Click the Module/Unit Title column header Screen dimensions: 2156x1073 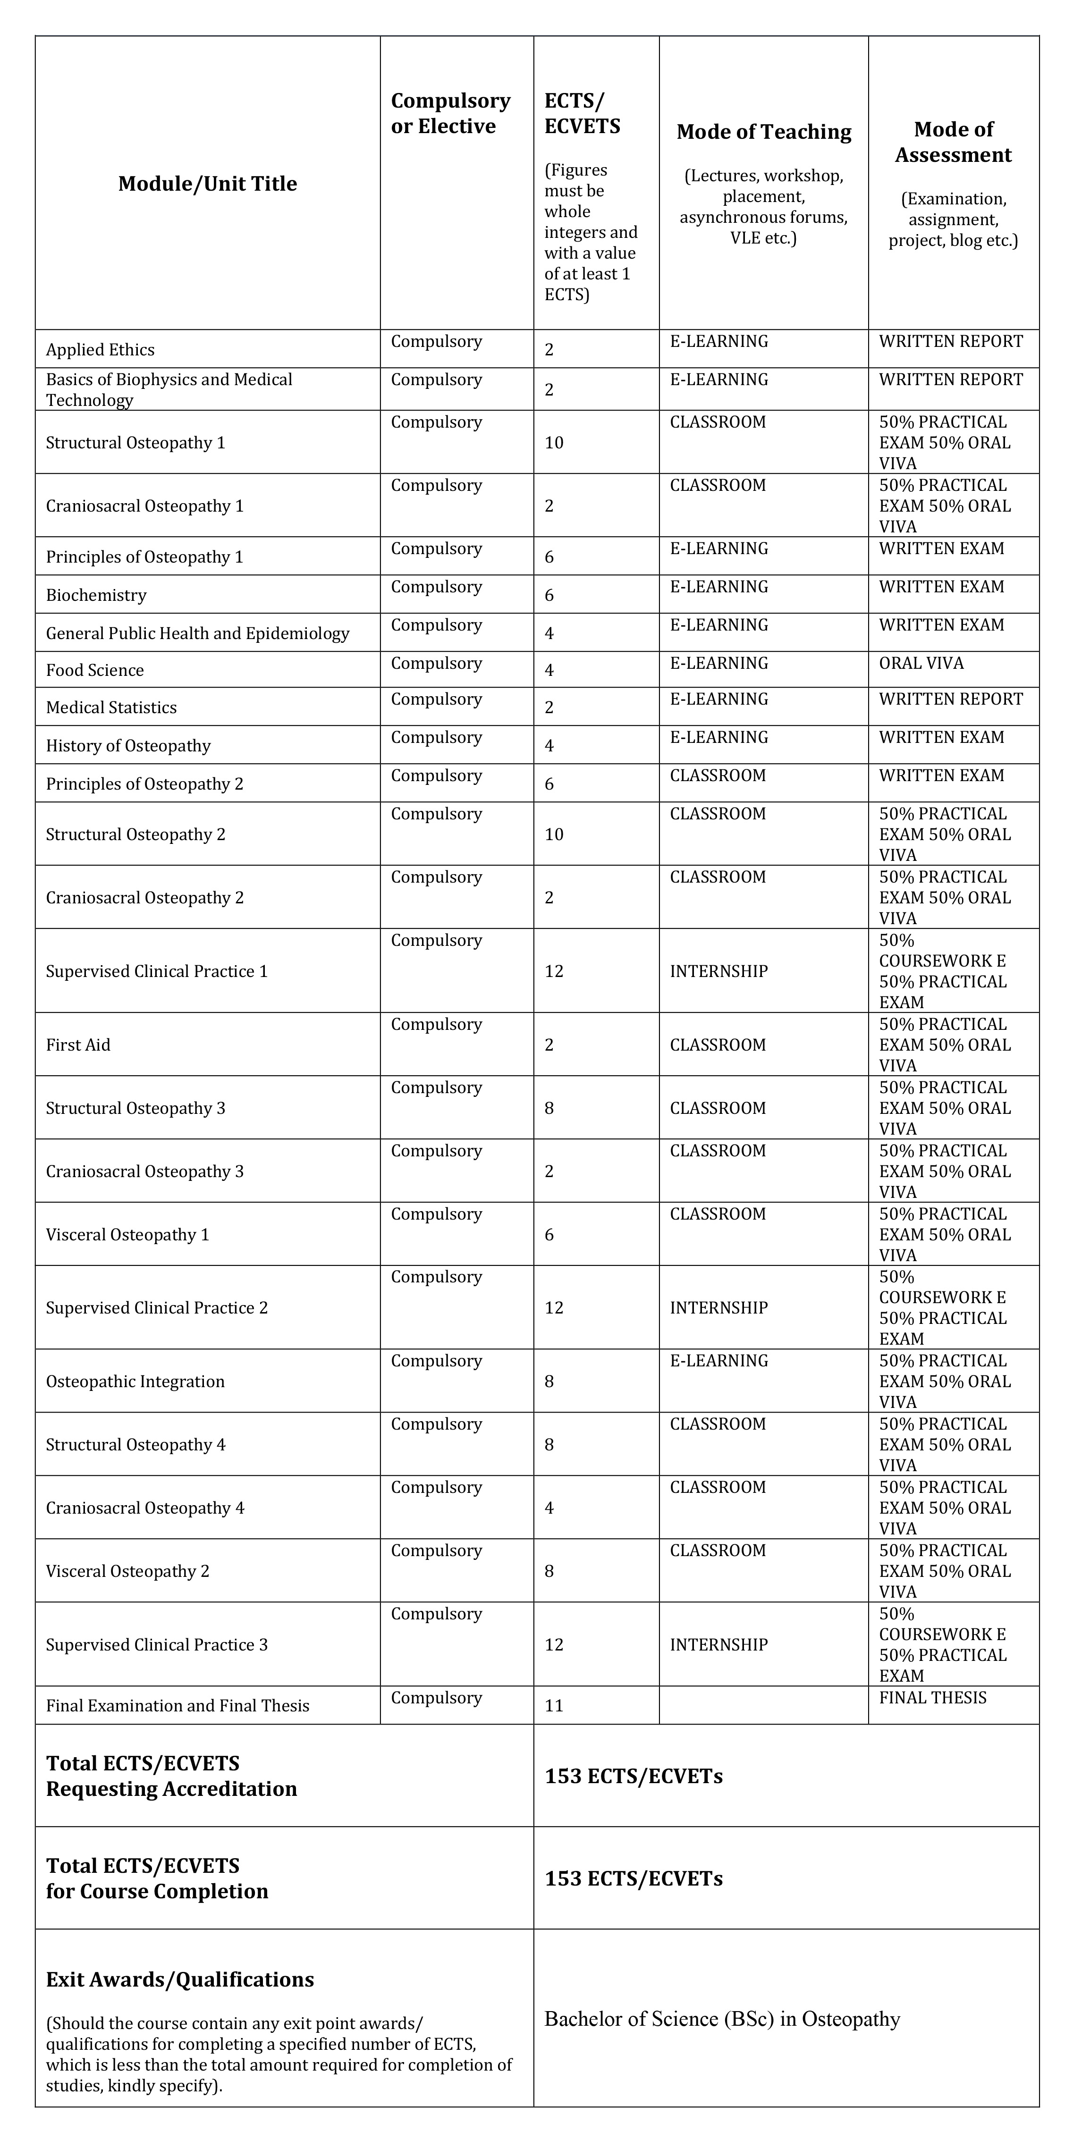208,183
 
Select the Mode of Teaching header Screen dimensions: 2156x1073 763,132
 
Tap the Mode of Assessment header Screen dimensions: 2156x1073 953,142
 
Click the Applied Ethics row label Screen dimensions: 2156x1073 101,350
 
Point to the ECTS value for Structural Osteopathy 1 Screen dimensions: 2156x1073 554,443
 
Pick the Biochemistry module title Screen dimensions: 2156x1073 96,595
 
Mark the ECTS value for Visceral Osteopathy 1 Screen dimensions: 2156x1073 549,1235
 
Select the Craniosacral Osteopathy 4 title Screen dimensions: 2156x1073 145,1508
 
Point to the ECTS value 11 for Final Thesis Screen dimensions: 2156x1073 554,1706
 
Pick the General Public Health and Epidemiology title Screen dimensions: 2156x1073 197,633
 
